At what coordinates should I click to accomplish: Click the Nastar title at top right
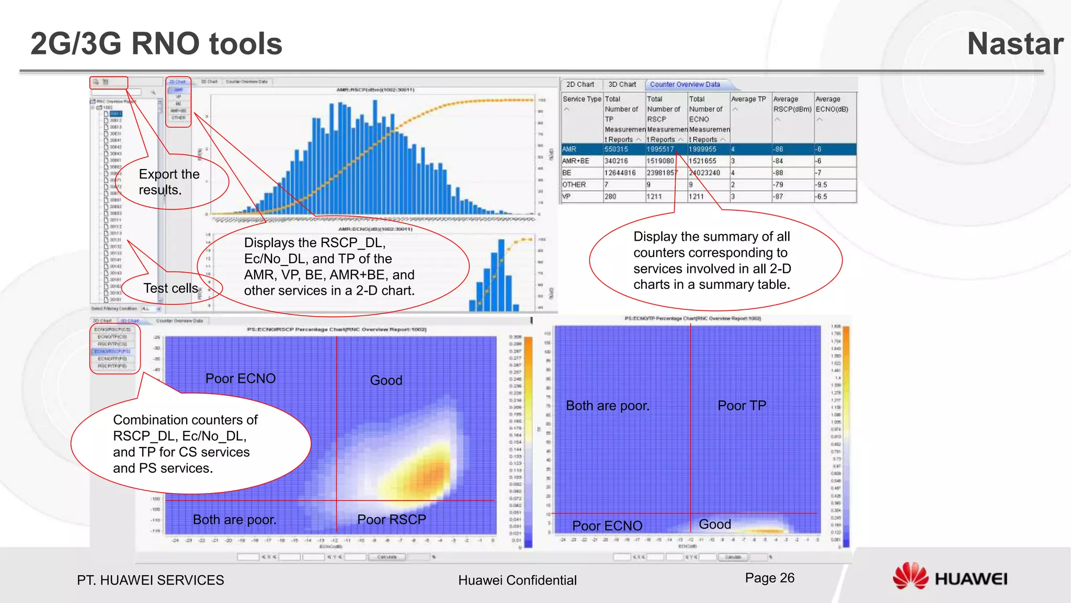[1015, 43]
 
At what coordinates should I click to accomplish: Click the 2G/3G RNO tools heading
[156, 43]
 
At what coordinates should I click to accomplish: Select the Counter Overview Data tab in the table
[685, 84]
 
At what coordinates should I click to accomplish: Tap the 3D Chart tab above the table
[622, 84]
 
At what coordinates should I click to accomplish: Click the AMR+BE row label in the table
[575, 161]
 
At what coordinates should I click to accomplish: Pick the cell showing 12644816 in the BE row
[620, 173]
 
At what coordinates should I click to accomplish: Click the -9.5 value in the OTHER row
[822, 185]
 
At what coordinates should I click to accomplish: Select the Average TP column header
[748, 99]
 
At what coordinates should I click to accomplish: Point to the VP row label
[566, 197]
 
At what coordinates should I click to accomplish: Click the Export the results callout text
[169, 182]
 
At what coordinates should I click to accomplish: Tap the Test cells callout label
[170, 288]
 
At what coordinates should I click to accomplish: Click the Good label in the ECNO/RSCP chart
[386, 381]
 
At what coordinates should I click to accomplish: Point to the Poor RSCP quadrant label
[391, 520]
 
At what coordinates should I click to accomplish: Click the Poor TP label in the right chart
[742, 406]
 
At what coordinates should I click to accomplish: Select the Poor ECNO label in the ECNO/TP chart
[607, 526]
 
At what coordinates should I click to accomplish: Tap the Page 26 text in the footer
[769, 578]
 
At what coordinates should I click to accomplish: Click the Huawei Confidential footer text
[517, 580]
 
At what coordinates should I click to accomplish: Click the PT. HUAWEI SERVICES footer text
[150, 580]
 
